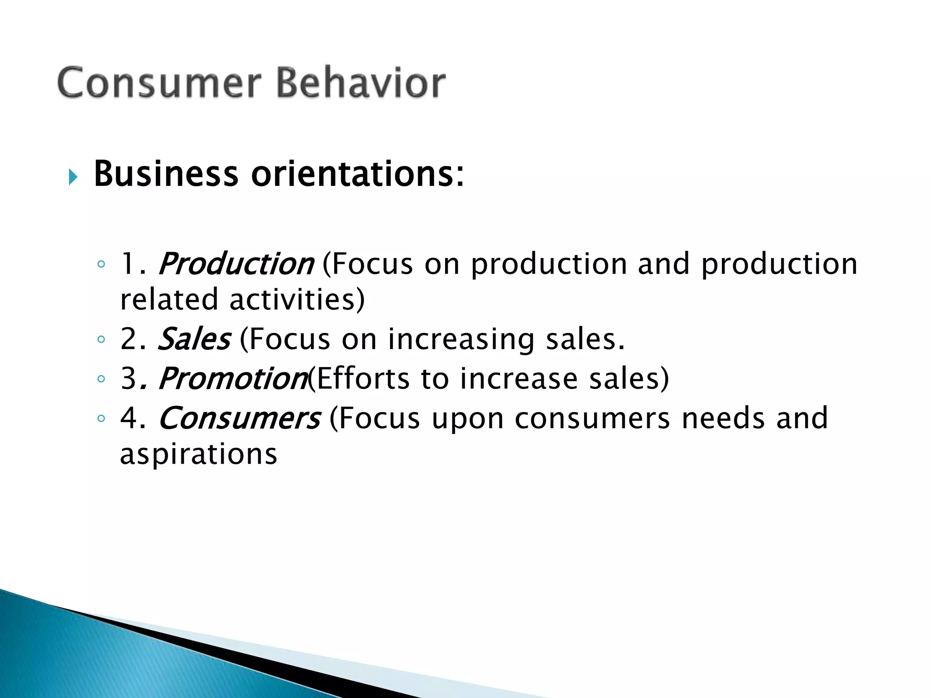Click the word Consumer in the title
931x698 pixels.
point(159,83)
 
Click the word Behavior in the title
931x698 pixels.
point(361,83)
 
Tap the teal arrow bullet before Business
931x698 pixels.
point(73,177)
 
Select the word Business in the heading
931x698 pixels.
point(166,174)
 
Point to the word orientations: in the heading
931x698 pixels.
point(358,174)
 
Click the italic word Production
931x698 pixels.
point(235,264)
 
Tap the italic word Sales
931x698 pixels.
point(194,339)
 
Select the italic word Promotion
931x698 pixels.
point(233,379)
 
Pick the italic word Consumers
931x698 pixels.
point(239,418)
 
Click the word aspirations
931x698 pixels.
point(199,454)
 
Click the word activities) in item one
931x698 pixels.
point(297,300)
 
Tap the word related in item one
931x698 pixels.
point(169,300)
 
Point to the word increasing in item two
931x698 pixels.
point(461,340)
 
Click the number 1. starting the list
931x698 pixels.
point(133,264)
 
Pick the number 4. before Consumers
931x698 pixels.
point(133,418)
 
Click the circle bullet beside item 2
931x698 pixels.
point(101,339)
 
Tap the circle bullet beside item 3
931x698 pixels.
point(101,379)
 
